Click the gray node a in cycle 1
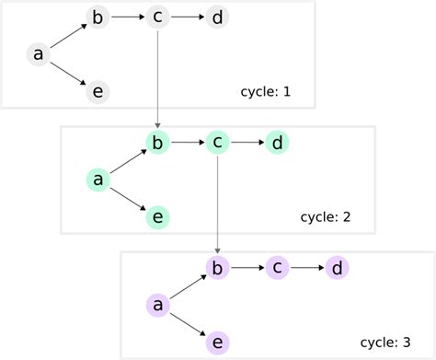[x=38, y=54]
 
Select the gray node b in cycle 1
[x=98, y=17]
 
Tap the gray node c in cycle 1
[x=157, y=17]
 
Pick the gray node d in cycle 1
[x=216, y=17]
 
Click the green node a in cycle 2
[x=98, y=180]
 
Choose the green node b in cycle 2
[x=157, y=142]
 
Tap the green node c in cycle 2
[x=217, y=142]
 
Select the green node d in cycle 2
[x=276, y=142]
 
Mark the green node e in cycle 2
[x=157, y=216]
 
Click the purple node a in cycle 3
[x=157, y=305]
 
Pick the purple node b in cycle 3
[x=217, y=267]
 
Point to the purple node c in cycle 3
[x=277, y=267]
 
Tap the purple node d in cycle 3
[x=337, y=267]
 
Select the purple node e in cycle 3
[x=217, y=342]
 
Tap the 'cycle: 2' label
[x=326, y=217]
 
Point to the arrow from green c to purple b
[x=217, y=203]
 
